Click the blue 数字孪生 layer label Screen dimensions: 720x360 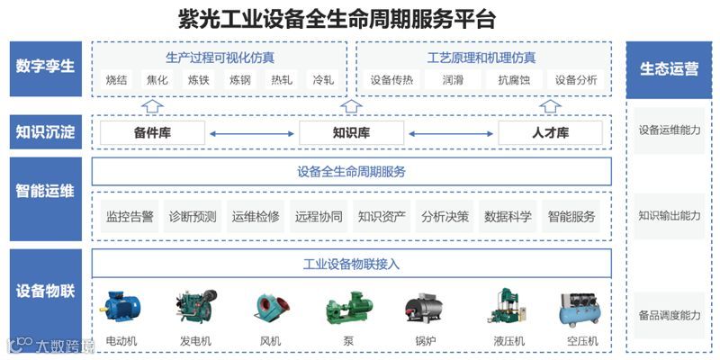45,68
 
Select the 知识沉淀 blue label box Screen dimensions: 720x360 45,132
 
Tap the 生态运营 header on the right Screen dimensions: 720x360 669,68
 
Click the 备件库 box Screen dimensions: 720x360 153,133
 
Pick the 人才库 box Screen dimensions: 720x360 551,133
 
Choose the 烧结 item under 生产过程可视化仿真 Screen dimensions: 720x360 116,80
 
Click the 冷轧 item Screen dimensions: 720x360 323,80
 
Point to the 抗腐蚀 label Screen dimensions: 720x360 515,80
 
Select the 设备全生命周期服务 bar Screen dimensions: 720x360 351,171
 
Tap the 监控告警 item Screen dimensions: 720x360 130,217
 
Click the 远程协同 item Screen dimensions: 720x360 319,217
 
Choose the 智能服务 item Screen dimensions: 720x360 571,217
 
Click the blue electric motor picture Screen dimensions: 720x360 121,306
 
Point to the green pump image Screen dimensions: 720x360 348,307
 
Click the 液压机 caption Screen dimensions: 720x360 508,342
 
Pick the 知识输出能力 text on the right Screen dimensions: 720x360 669,216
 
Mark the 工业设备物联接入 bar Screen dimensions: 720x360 351,264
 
